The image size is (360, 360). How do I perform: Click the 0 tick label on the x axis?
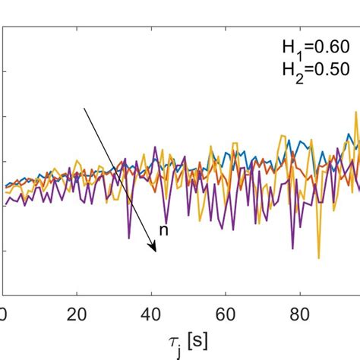coord(3,313)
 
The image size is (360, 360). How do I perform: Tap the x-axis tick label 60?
coord(226,313)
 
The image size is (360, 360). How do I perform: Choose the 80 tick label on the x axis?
coord(300,313)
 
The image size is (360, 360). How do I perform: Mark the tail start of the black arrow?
coord(84,108)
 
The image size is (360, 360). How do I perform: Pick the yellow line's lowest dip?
coord(318,258)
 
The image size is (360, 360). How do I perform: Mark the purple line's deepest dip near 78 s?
coord(292,248)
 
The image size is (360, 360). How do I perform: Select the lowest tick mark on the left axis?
coord(5,250)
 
